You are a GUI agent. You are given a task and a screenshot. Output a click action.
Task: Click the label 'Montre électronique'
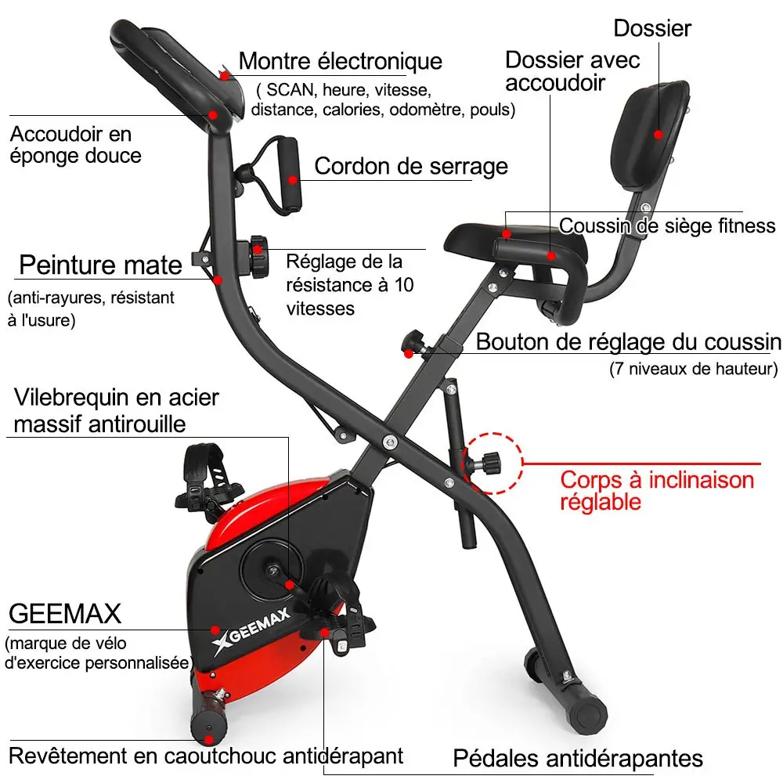coord(340,61)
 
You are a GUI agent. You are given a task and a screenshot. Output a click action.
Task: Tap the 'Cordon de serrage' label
coord(410,166)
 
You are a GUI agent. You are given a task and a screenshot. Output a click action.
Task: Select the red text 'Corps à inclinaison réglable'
coord(656,490)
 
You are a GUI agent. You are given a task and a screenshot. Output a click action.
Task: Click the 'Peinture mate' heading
coord(100,265)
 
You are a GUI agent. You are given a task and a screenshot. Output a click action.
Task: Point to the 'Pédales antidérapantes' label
coord(578,758)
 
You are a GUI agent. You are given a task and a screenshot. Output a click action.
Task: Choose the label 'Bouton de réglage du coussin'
coord(628,342)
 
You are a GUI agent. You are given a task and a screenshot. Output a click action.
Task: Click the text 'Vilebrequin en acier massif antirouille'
coord(116,410)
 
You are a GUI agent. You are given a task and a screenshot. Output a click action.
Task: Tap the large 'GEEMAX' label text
coord(66,613)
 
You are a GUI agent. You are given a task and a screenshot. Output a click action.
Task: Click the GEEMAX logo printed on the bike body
coord(251,627)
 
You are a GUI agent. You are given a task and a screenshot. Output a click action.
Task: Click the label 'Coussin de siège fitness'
coord(667,227)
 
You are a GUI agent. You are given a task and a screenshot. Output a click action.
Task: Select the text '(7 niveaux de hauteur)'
coord(693,368)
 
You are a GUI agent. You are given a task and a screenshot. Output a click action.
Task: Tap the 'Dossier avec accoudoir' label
coord(572,70)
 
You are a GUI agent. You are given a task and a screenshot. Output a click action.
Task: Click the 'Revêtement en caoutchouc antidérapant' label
coord(206,756)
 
